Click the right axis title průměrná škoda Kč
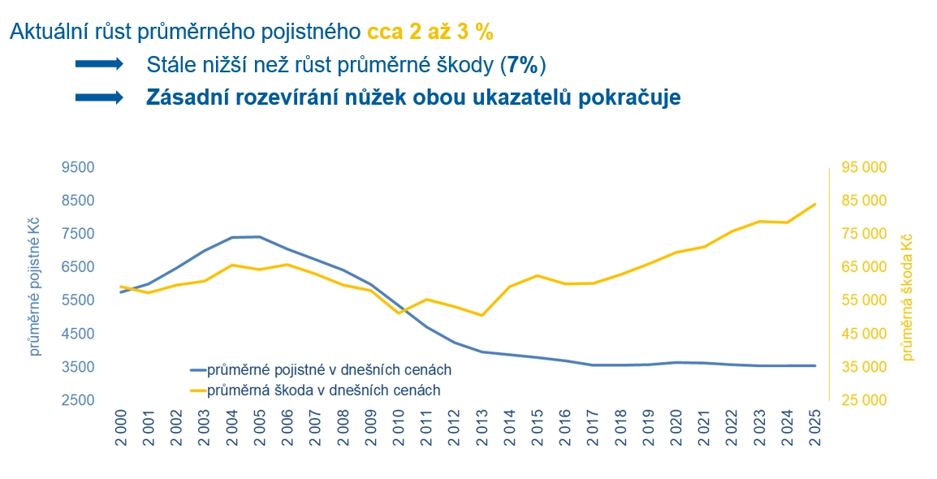(x=907, y=296)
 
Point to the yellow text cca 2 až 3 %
(x=430, y=32)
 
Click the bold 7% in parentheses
(x=523, y=64)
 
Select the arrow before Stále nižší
(x=98, y=64)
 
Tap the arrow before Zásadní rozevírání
(x=98, y=97)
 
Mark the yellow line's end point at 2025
(x=814, y=204)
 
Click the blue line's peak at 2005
(x=259, y=236)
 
